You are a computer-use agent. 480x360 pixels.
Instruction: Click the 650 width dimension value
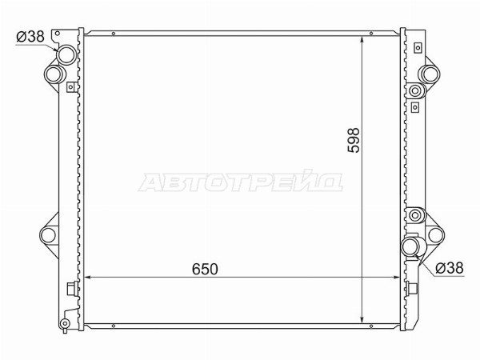click(205, 269)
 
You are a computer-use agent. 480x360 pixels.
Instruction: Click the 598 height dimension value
click(354, 140)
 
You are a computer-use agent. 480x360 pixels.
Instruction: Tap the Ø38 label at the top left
click(30, 37)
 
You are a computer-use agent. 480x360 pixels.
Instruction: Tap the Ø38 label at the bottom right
click(450, 268)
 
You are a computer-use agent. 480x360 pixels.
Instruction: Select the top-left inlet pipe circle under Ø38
click(66, 54)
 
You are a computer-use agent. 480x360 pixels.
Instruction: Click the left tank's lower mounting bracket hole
click(48, 235)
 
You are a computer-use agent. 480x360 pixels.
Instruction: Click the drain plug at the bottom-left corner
click(65, 323)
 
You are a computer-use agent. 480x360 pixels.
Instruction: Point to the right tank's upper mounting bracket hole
click(430, 74)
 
